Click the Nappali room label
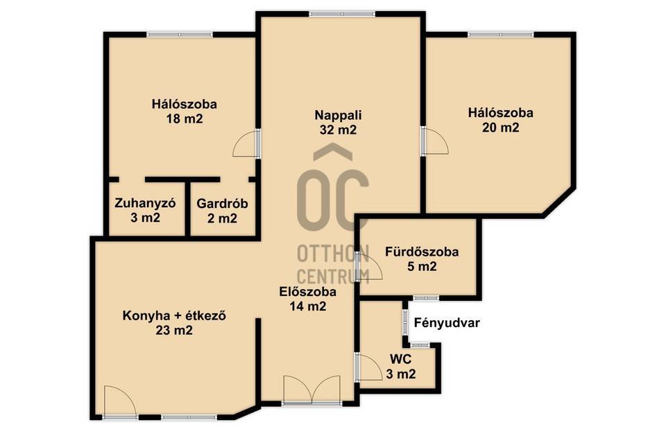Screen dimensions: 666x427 pyautogui.click(x=338, y=115)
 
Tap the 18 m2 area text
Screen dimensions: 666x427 pyautogui.click(x=185, y=119)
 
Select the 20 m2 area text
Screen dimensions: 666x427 pyautogui.click(x=500, y=128)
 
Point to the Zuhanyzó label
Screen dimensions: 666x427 pyautogui.click(x=145, y=203)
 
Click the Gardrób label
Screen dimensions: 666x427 pyautogui.click(x=222, y=203)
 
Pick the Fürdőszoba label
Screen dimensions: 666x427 pyautogui.click(x=422, y=252)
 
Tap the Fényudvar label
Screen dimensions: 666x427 pyautogui.click(x=447, y=323)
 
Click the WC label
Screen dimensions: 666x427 pyautogui.click(x=400, y=360)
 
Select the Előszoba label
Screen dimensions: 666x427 pyautogui.click(x=308, y=292)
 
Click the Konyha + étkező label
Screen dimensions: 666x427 pyautogui.click(x=173, y=316)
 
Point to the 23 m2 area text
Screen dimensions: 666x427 pyautogui.click(x=173, y=330)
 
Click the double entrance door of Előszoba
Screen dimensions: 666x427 pyautogui.click(x=311, y=390)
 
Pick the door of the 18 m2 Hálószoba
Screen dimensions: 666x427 pyautogui.click(x=247, y=143)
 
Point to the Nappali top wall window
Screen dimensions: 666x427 pyautogui.click(x=342, y=14)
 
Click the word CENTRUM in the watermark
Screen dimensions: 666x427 pyautogui.click(x=333, y=277)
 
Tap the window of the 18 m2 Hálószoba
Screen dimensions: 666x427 pyautogui.click(x=180, y=35)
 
